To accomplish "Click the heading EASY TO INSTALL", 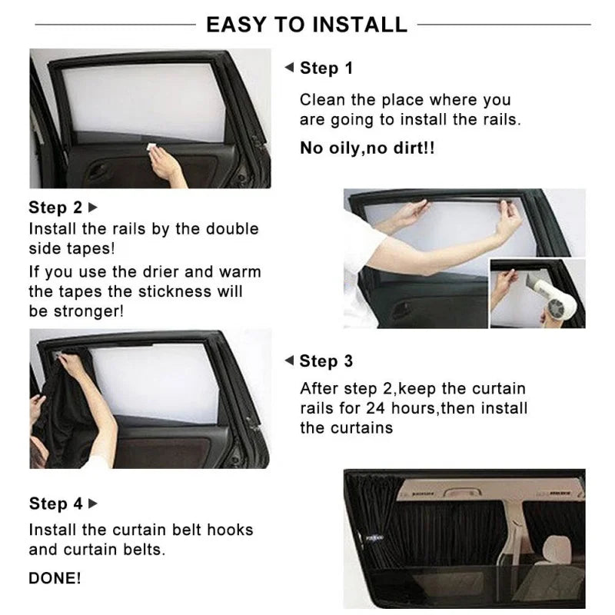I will click(x=307, y=25).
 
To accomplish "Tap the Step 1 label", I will click(x=326, y=68).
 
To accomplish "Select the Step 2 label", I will click(x=55, y=208).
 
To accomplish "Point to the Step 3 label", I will click(x=326, y=361).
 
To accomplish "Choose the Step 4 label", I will click(x=55, y=504).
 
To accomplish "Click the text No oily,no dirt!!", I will click(x=367, y=148).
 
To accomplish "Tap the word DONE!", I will click(x=55, y=578).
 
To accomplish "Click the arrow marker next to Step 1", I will click(x=289, y=68).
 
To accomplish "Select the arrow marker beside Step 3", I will click(x=289, y=361).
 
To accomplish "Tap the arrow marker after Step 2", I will click(x=94, y=208).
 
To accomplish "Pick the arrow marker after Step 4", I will click(x=94, y=504).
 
